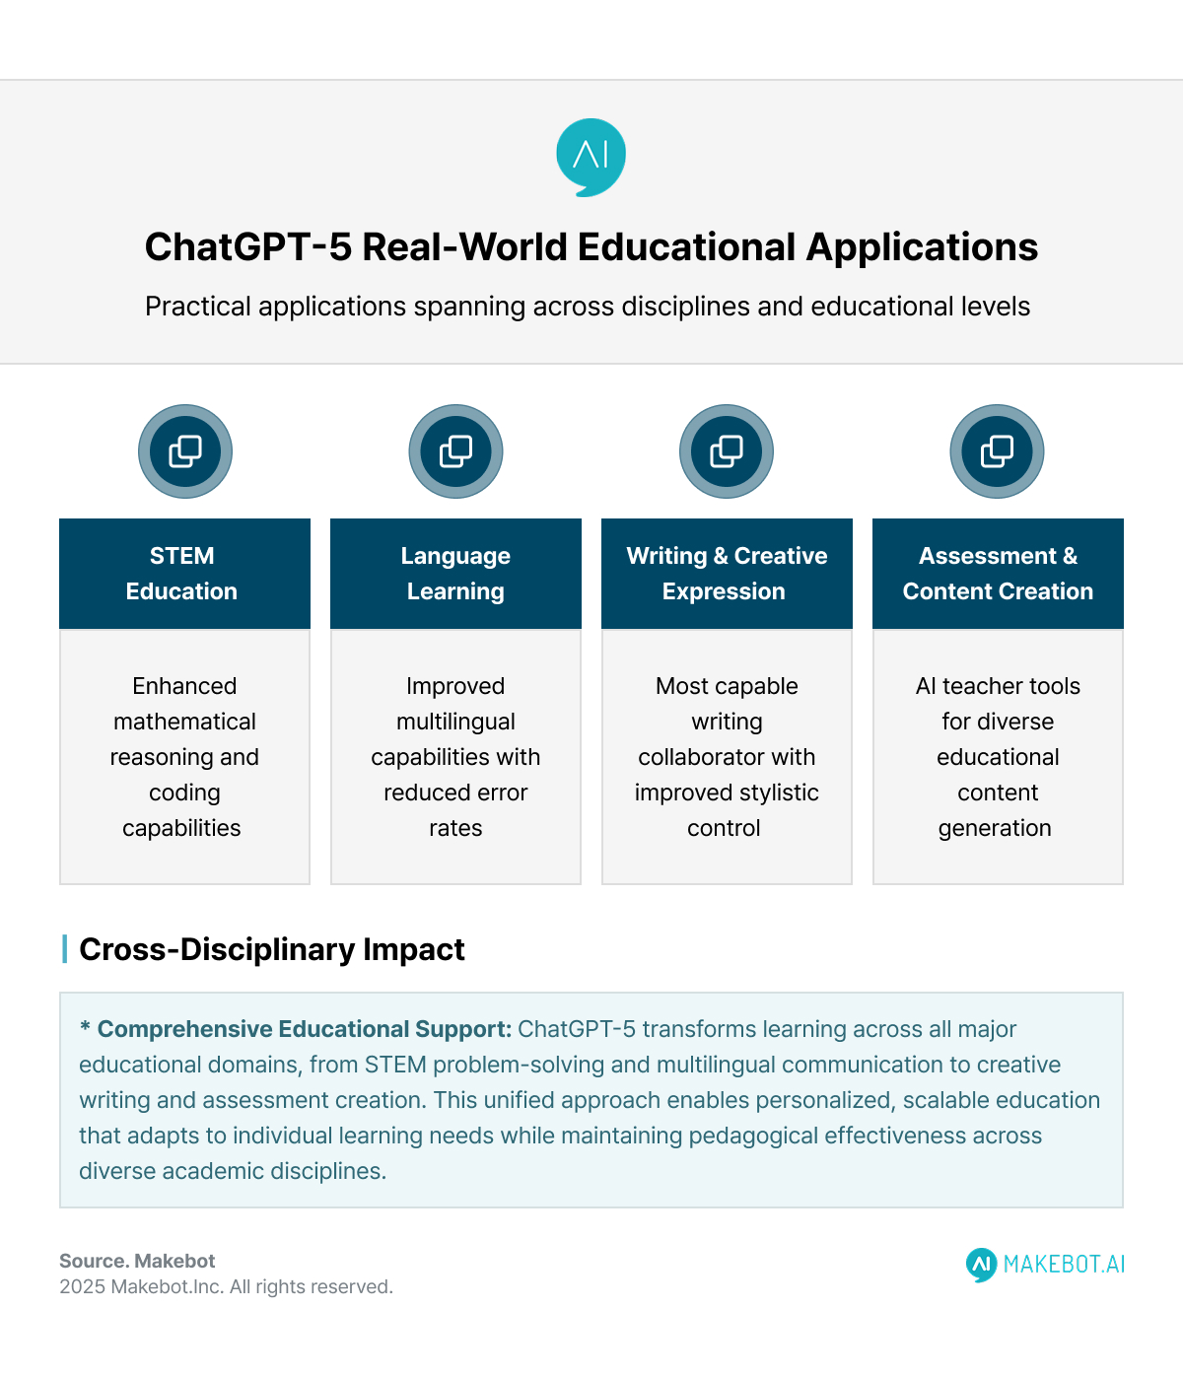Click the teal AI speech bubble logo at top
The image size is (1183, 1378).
coord(591,157)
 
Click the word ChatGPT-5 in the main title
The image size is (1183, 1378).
coord(247,247)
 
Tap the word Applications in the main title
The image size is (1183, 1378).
coord(922,247)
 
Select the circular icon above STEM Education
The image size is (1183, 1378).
coord(185,451)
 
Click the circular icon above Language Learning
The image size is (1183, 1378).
coord(455,451)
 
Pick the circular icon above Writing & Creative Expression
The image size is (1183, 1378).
coord(727,451)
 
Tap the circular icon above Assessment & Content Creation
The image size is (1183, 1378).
coord(997,451)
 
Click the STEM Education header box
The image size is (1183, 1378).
coord(184,574)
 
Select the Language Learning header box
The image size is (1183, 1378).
coord(455,574)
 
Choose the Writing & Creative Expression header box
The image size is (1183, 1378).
coord(727,574)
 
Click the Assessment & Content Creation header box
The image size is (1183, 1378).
coord(998,574)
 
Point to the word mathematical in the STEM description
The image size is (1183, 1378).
coord(184,722)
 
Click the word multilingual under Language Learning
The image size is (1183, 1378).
coord(455,722)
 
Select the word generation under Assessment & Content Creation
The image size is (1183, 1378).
coord(995,828)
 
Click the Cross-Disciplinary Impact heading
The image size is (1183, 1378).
coord(271,949)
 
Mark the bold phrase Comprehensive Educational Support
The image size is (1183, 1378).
coord(304,1029)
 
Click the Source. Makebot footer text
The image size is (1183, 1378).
coord(137,1261)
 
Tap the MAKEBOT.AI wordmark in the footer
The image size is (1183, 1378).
coord(1064,1264)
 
